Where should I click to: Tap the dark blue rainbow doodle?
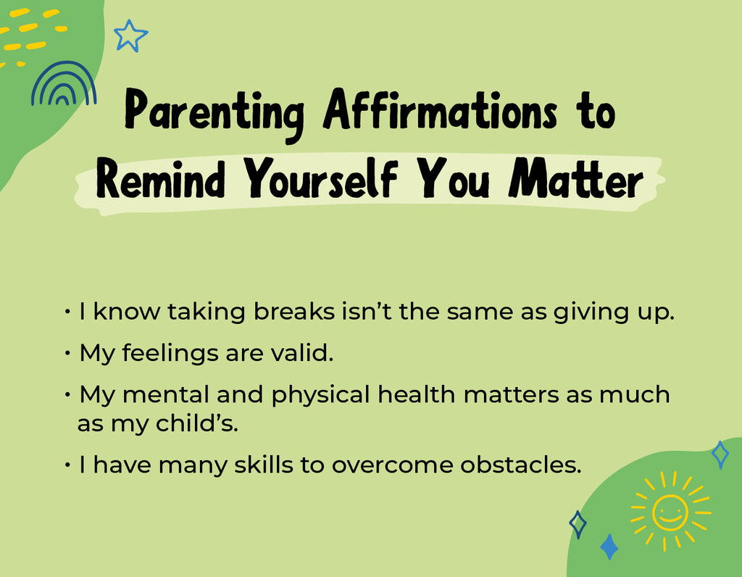pos(64,67)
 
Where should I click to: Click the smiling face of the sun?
pos(670,512)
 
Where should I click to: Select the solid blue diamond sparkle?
pos(609,547)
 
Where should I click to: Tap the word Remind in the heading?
pos(160,178)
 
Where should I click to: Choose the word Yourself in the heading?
pos(320,178)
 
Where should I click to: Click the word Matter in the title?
pos(575,178)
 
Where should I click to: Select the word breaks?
pos(294,312)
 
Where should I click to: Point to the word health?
pos(417,394)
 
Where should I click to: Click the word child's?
pos(197,423)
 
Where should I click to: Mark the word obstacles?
pos(520,464)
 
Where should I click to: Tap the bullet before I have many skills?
pos(67,465)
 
